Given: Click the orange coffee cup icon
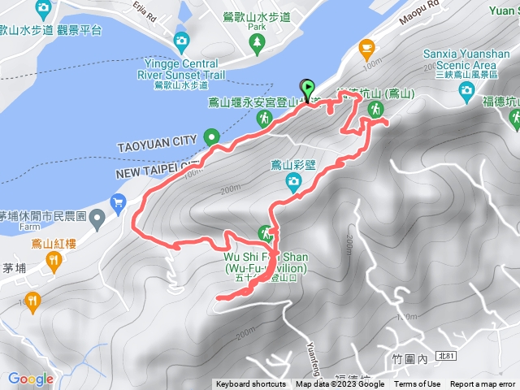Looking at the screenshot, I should click(366, 46).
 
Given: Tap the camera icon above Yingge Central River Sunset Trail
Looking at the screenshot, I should click(181, 41).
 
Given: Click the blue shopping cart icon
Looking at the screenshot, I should click(119, 201).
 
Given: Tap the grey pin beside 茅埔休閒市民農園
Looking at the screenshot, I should click(97, 217).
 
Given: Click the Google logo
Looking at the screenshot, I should click(30, 379).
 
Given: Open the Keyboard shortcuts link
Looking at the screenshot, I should click(250, 384).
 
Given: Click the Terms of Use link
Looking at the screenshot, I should click(418, 384).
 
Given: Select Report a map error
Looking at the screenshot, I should click(483, 384).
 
